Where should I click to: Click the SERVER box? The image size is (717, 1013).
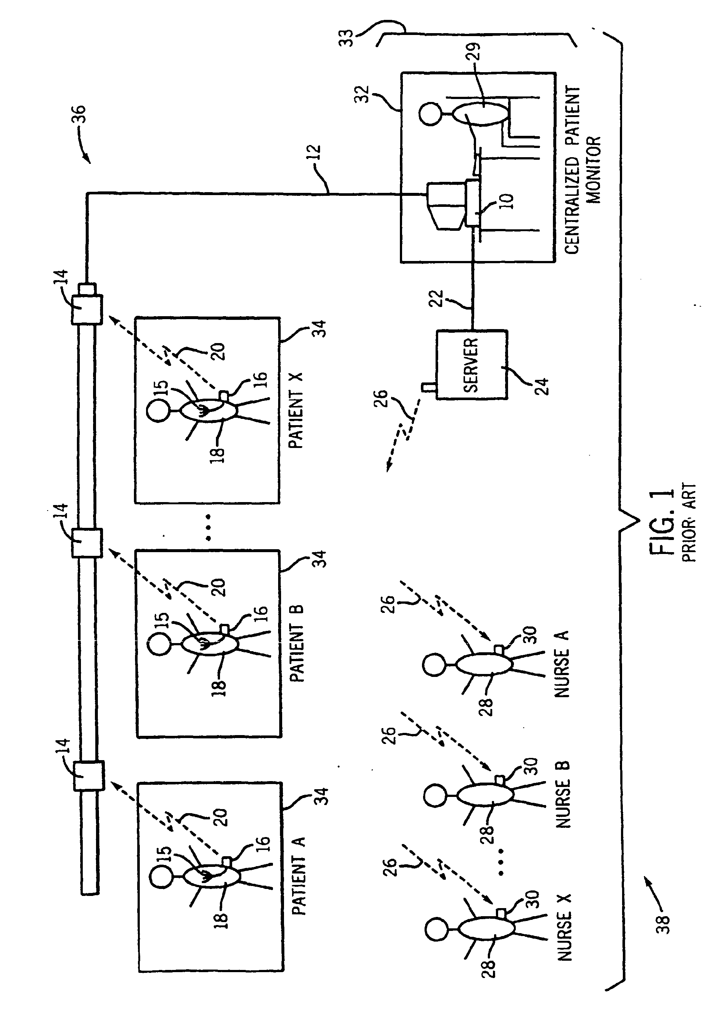[472, 365]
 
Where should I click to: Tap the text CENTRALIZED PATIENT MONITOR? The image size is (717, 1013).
[583, 170]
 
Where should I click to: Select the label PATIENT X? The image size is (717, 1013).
[295, 410]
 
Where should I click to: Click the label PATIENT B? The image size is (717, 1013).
[296, 643]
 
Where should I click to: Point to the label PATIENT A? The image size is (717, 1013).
[298, 876]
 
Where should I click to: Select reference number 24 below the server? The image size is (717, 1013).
[543, 386]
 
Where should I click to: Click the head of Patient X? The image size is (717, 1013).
[158, 410]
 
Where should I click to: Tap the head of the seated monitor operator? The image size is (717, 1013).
[430, 114]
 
